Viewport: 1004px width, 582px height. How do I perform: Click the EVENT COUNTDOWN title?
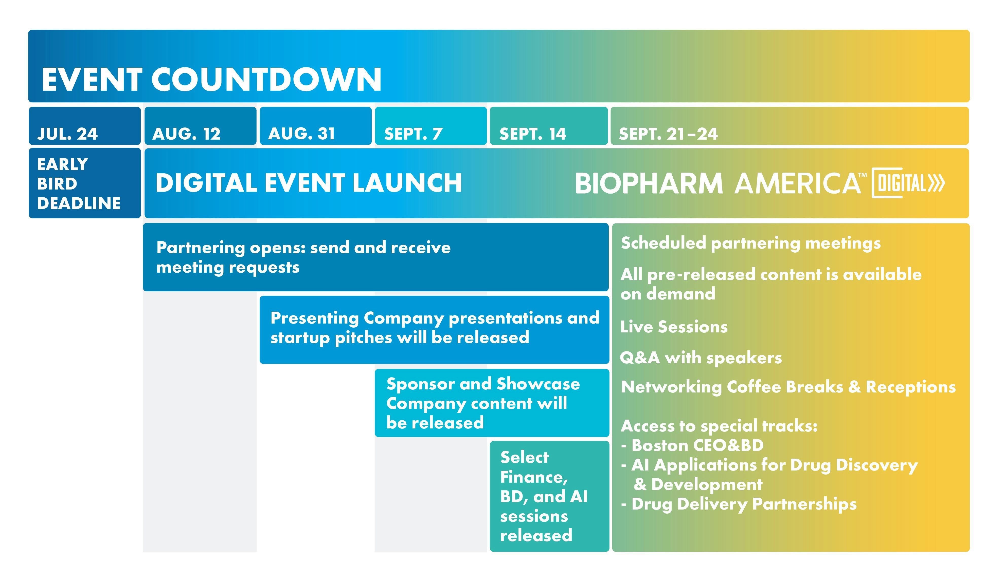point(211,80)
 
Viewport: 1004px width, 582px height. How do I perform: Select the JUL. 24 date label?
point(67,134)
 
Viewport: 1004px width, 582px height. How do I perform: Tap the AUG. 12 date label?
point(186,134)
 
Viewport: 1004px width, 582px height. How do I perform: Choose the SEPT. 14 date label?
point(533,134)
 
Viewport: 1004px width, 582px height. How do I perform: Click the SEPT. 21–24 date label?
point(668,134)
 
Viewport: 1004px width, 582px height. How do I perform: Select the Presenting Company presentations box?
point(434,330)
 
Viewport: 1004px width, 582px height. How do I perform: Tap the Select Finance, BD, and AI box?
point(549,496)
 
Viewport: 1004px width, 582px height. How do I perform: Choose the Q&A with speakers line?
point(701,358)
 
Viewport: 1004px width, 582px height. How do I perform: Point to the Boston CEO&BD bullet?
point(692,445)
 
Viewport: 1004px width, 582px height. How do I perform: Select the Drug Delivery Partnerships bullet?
point(739,504)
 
